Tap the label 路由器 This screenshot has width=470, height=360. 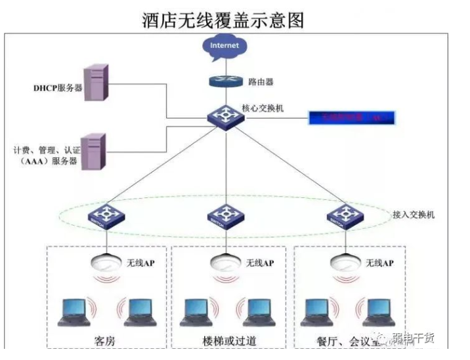tap(261, 83)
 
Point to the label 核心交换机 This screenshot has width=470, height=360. tap(263, 108)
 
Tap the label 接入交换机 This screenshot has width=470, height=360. tap(412, 214)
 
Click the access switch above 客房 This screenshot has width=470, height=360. tap(106, 216)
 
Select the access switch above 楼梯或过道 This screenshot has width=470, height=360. tap(223, 216)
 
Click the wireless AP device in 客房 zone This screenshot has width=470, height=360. tap(106, 260)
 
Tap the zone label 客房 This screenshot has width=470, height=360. tap(106, 339)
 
